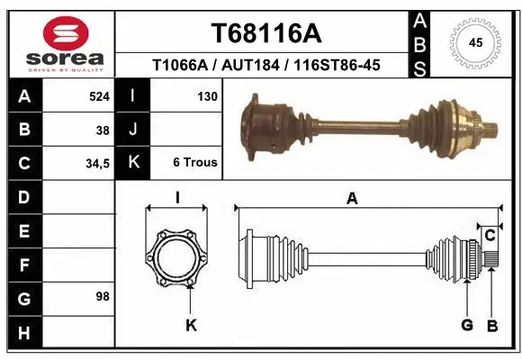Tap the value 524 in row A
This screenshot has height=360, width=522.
98,96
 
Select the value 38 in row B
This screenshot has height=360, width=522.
103,130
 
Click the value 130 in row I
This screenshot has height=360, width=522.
206,96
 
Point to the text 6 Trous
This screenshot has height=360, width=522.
194,163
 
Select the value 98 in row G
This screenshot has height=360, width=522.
102,296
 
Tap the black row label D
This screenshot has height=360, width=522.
23,196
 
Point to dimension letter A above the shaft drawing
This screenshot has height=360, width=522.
352,199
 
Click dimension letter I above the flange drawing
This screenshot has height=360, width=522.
177,199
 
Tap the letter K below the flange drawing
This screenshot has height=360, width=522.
191,325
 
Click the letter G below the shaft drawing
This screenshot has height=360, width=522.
467,325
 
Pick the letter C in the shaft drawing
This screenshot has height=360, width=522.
490,236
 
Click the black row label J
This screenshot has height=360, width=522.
132,130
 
